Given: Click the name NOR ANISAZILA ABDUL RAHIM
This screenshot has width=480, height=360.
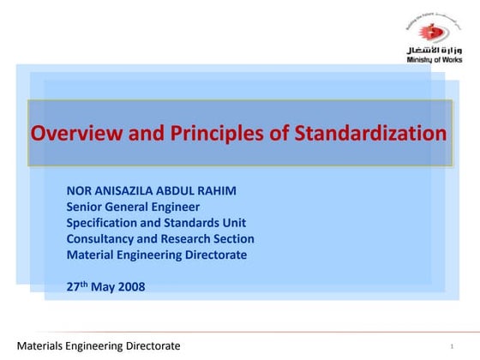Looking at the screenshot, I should [153, 191].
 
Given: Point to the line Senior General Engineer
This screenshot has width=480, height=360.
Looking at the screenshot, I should [133, 207].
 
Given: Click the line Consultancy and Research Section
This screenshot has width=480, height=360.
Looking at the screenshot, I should [160, 239].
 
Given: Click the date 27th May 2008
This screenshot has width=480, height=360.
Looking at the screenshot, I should [105, 286].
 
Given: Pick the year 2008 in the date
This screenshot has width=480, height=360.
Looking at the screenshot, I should [130, 287].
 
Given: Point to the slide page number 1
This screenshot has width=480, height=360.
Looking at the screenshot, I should [451, 346].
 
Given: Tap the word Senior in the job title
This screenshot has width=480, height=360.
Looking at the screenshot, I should [85, 207].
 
